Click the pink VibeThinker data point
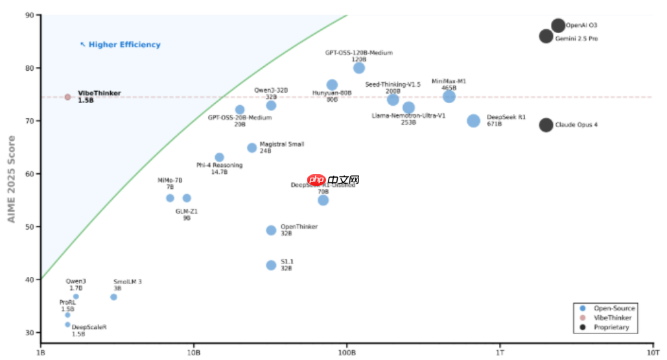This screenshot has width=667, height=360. [x=67, y=97]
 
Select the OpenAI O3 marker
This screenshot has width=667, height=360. [x=558, y=25]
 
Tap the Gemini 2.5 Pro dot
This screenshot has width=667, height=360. [x=546, y=36]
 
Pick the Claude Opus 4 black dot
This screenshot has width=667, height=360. [x=546, y=125]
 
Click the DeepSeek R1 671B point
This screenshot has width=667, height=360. [x=474, y=121]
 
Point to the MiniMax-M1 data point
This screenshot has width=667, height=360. [x=449, y=97]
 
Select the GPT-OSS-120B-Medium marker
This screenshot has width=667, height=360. [x=359, y=68]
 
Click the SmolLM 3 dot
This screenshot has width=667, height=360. [x=113, y=297]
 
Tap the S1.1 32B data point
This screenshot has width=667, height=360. [x=271, y=265]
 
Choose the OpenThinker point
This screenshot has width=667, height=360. [x=271, y=230]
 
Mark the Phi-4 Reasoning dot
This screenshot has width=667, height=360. [x=219, y=157]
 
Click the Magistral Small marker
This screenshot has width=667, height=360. [x=252, y=148]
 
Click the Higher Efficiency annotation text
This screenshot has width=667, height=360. [x=124, y=45]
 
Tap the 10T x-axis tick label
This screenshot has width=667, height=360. [x=652, y=354]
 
